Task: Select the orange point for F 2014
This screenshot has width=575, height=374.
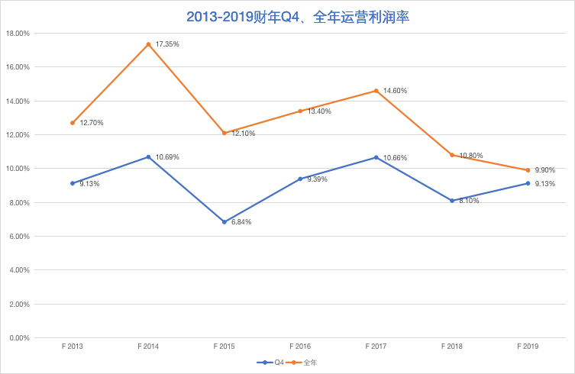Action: point(148,44)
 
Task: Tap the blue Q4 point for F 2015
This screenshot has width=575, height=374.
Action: point(224,222)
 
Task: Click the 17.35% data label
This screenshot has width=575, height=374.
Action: point(167,44)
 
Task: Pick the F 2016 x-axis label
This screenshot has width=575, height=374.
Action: point(299,347)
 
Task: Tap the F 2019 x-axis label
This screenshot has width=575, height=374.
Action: point(527,347)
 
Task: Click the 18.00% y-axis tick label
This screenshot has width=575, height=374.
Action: point(18,34)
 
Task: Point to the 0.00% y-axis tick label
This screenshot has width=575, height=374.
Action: point(19,338)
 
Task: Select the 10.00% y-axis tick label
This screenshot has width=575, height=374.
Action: point(18,169)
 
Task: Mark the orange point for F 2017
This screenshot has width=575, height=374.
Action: point(376,91)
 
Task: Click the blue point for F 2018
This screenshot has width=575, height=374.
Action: point(451,201)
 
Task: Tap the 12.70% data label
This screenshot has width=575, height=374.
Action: point(92,123)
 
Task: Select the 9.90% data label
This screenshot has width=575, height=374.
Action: point(545,170)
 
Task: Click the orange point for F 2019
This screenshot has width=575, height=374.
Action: point(528,170)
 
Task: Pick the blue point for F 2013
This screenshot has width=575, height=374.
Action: point(73,183)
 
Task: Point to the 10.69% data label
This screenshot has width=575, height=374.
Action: point(167,157)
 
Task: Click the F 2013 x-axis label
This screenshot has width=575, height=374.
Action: point(73,347)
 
